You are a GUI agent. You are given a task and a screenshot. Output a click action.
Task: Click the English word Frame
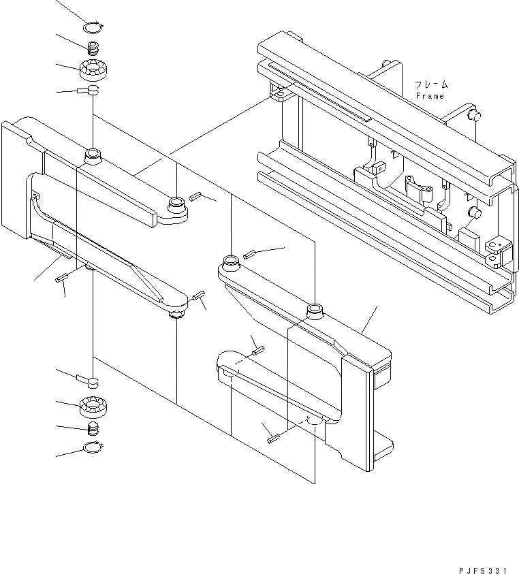click(430, 96)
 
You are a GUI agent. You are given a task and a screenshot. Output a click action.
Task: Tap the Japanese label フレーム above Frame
click(431, 85)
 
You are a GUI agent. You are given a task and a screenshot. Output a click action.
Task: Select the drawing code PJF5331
click(478, 567)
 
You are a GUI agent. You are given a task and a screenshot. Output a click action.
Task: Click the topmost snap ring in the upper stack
click(93, 28)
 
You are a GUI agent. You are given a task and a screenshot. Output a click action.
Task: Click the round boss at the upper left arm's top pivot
click(93, 156)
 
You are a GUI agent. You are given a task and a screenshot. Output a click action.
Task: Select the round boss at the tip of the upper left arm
click(176, 202)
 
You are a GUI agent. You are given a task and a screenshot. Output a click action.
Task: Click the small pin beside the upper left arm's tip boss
click(195, 196)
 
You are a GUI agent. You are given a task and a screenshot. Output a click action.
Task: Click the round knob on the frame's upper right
click(471, 116)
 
